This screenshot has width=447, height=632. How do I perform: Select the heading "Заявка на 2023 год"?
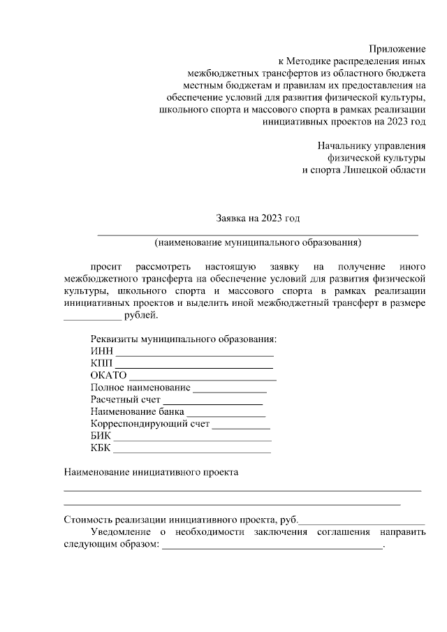[258, 219]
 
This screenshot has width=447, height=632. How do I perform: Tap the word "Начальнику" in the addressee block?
[343, 146]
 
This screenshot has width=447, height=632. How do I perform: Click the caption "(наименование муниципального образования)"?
[258, 243]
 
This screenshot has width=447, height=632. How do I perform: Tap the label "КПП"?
[101, 364]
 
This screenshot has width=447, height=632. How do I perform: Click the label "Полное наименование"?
[140, 388]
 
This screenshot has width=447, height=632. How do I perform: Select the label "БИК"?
[101, 435]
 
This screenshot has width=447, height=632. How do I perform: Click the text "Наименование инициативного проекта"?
[151, 472]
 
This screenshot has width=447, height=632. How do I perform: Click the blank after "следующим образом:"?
[272, 547]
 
